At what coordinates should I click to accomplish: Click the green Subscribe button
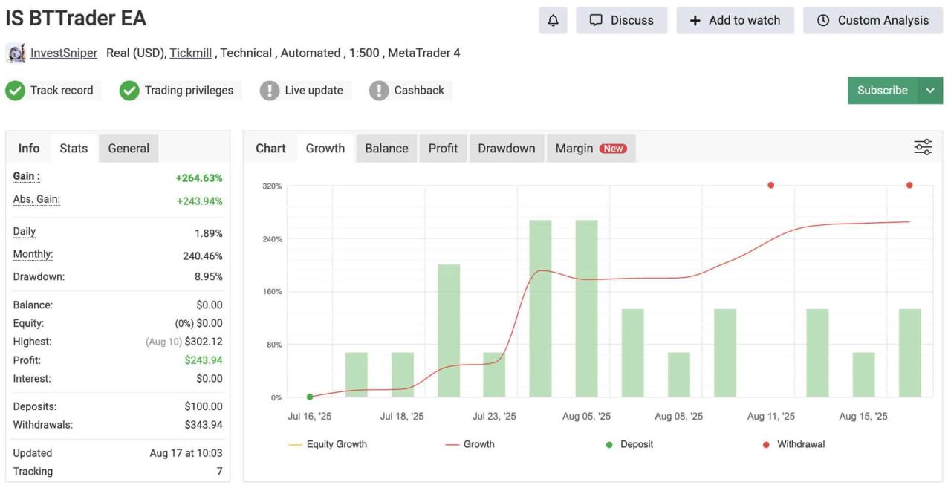pos(882,91)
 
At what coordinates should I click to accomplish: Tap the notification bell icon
pos(553,20)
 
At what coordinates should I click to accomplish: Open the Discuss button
pos(622,20)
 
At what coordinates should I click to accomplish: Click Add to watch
pos(736,20)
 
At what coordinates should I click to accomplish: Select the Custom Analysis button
pos(873,20)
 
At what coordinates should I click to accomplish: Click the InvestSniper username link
pos(64,53)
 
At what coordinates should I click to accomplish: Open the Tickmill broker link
pos(191,53)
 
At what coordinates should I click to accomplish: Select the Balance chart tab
pos(386,148)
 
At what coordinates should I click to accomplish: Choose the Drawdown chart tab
pos(507,148)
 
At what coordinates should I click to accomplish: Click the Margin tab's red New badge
pos(613,148)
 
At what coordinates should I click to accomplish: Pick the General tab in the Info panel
pos(129,148)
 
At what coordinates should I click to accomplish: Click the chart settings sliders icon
pos(923,147)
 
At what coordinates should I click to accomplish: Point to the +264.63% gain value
pos(199,178)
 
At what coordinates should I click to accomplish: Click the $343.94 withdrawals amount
pos(204,425)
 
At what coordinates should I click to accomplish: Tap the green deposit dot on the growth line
pos(310,397)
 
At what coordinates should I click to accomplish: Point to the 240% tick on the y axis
pos(272,239)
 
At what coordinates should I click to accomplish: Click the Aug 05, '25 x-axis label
pos(586,416)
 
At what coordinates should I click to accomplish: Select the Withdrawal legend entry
pos(793,444)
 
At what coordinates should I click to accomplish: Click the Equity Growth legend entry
pos(328,444)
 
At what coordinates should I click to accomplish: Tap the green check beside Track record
pos(16,91)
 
